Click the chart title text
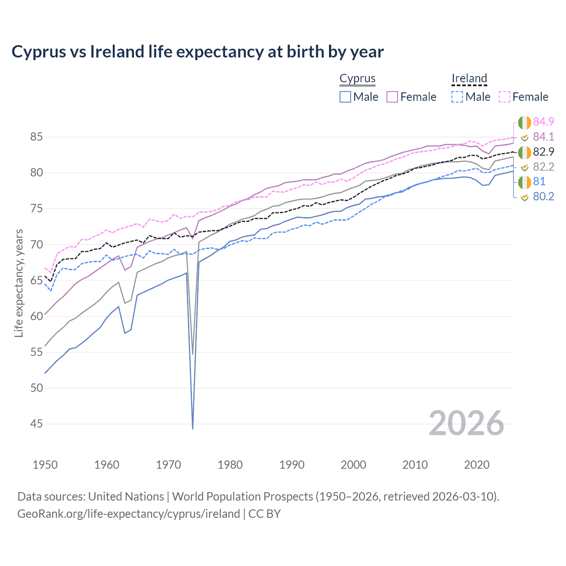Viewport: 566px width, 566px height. (x=197, y=52)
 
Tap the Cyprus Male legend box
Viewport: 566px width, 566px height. (x=345, y=97)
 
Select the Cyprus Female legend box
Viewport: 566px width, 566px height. (x=392, y=97)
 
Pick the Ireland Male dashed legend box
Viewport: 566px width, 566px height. (x=458, y=97)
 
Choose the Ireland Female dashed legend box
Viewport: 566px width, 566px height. (x=505, y=97)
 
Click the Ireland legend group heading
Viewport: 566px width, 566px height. (x=469, y=78)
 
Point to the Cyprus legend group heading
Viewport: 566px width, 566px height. (x=357, y=78)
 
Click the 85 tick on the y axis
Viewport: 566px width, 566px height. (x=36, y=137)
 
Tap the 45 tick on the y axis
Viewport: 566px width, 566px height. (x=36, y=424)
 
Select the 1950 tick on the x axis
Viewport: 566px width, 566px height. (x=45, y=465)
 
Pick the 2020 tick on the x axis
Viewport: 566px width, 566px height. (x=477, y=465)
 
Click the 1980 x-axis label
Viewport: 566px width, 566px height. (x=230, y=465)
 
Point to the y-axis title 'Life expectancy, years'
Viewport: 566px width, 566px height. (x=19, y=283)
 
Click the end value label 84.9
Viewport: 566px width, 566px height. (x=543, y=122)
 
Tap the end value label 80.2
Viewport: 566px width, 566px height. (x=543, y=197)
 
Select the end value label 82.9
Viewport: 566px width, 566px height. (x=543, y=152)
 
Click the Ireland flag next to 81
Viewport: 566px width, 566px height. (x=524, y=182)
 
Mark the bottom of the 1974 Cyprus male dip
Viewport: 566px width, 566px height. (x=193, y=428)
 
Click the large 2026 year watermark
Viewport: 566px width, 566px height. (x=466, y=423)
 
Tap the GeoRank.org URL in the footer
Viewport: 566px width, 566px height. (x=128, y=514)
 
